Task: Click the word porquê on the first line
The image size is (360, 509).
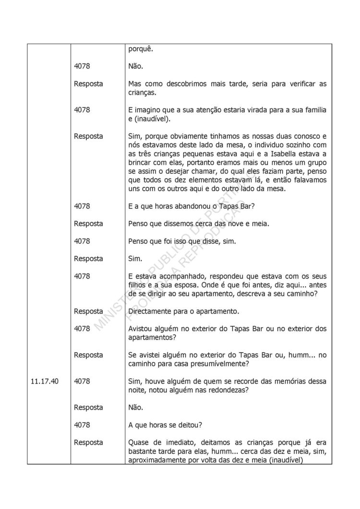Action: pos(141,49)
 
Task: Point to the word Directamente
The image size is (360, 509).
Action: pos(152,311)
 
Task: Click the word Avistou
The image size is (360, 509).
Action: pos(142,329)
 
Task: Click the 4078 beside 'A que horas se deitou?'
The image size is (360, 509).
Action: pos(82,425)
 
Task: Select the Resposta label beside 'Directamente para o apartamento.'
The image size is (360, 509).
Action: pos(88,311)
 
